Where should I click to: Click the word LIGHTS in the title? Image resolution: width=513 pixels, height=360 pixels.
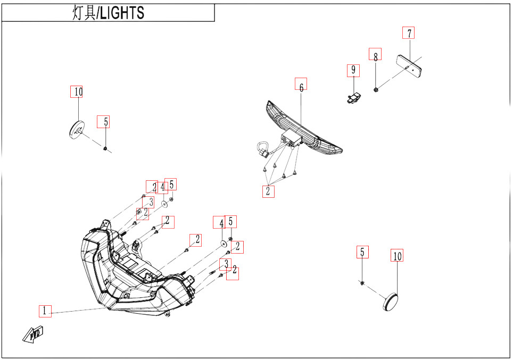point(122,13)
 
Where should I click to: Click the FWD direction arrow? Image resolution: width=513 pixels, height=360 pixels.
point(32,334)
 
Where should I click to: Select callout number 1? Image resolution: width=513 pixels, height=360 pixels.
point(45,311)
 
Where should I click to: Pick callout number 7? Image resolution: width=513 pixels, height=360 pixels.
point(408,33)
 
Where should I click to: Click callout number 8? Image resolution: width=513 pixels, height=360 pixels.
point(375,54)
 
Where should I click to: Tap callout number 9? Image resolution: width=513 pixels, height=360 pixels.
point(352,70)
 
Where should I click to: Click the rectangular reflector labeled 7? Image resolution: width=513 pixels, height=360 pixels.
point(409,64)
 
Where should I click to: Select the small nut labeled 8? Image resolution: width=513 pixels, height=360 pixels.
point(376,90)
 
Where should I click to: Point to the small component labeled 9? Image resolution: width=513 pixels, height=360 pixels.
point(352,97)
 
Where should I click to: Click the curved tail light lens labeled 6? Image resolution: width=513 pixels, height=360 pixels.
point(309,133)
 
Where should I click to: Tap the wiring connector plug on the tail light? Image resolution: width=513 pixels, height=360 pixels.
point(261,149)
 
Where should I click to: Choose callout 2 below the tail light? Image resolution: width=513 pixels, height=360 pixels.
point(268,191)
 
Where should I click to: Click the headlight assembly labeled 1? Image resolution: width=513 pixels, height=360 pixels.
point(133,277)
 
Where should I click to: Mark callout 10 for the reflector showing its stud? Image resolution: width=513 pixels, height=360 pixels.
point(78,92)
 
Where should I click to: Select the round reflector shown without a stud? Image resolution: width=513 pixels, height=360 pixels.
point(392,303)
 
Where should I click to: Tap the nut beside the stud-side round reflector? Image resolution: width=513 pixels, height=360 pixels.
point(105,148)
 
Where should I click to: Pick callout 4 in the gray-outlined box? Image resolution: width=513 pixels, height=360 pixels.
point(163,187)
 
